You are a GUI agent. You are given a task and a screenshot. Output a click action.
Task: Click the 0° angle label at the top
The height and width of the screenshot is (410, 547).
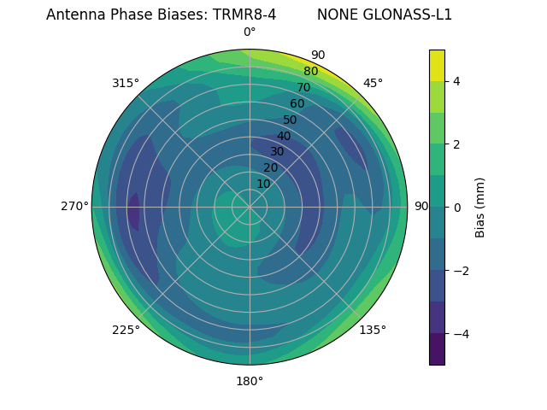click(250, 32)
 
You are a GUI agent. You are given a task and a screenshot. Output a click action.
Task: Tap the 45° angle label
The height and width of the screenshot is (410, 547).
click(373, 83)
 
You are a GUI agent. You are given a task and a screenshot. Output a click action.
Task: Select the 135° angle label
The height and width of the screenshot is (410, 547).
click(373, 330)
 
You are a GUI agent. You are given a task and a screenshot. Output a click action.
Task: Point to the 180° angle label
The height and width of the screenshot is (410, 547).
click(250, 381)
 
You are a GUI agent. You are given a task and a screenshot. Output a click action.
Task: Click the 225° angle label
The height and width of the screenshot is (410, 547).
click(126, 330)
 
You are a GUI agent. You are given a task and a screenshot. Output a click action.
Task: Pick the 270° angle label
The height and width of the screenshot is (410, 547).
click(74, 206)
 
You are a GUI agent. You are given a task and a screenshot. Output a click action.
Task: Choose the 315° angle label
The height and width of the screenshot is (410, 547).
click(126, 83)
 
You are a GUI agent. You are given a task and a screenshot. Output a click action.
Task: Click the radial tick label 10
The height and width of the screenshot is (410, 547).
click(263, 184)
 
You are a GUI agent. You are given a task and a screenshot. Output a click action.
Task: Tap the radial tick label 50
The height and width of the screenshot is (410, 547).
click(291, 120)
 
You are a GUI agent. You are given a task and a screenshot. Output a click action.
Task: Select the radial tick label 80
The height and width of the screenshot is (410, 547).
click(311, 72)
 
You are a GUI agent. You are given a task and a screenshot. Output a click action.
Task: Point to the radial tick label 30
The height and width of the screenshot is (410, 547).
click(277, 152)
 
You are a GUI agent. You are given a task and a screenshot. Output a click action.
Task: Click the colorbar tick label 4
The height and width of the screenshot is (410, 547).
click(457, 81)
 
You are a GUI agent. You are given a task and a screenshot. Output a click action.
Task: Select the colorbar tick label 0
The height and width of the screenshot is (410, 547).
click(457, 208)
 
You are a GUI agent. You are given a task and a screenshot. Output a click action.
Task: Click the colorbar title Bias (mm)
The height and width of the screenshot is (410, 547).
click(480, 207)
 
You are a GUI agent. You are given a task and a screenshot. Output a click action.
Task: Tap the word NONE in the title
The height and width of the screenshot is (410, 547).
click(334, 15)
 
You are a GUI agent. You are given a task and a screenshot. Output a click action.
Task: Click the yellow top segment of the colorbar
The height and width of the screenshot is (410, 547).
click(437, 65)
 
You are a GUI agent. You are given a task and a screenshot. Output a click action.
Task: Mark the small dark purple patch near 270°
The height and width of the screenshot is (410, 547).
click(133, 212)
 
